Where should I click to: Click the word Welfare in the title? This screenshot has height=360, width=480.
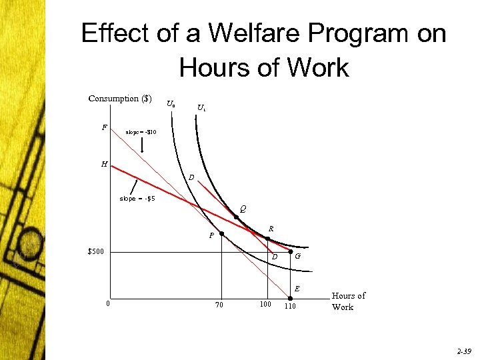241,33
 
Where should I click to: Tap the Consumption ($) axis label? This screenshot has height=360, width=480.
123,99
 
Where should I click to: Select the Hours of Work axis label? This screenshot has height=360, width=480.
349,301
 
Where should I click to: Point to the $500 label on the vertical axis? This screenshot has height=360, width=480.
95,252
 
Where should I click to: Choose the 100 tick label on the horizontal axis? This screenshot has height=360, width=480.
265,305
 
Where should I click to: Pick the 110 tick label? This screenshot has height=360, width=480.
290,306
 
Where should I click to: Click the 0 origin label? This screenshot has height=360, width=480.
108,305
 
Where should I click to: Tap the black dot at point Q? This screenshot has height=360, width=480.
236,217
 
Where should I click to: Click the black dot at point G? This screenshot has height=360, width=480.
290,252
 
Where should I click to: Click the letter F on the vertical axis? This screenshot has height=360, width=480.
104,126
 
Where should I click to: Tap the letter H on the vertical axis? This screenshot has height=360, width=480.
104,163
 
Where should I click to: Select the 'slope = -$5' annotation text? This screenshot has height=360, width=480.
137,199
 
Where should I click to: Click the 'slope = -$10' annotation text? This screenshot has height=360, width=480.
141,132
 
